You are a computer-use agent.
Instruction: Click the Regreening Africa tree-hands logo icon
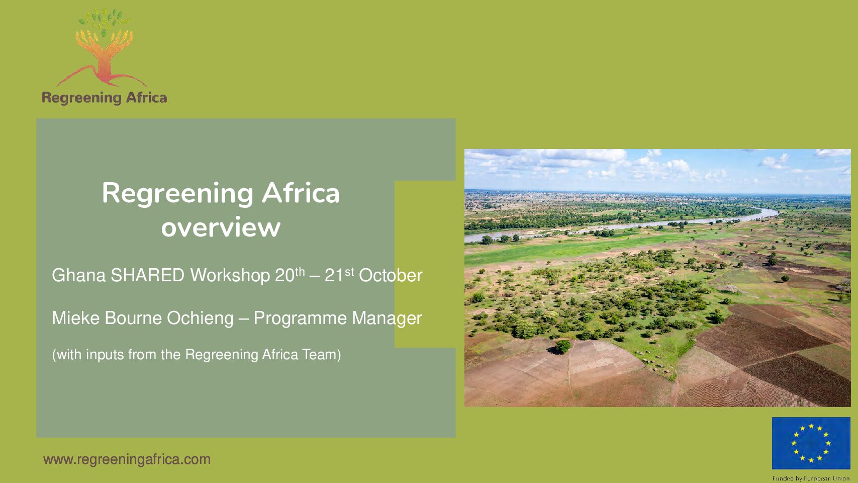[103, 47]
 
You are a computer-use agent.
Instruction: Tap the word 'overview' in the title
[221, 227]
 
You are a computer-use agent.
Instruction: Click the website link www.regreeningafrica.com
[127, 459]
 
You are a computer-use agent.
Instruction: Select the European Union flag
[811, 443]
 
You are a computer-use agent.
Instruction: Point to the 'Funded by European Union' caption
[811, 478]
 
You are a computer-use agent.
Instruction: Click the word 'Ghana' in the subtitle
[78, 275]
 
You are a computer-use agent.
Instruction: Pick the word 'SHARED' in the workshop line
[147, 275]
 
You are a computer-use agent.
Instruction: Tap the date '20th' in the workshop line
[290, 275]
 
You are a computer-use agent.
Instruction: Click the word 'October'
[391, 275]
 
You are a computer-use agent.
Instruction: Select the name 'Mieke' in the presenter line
[75, 318]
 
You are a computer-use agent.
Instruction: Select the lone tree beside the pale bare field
[562, 347]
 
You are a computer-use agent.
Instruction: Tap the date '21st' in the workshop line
[339, 275]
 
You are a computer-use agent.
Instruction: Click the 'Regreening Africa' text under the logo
[104, 98]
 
